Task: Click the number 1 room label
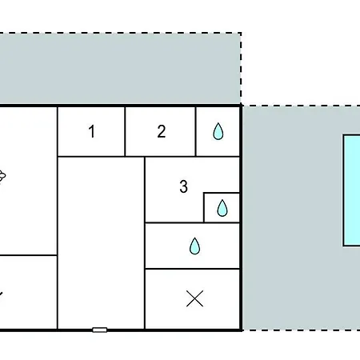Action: click(x=92, y=131)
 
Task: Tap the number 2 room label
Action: click(x=162, y=131)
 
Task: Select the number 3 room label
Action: click(x=183, y=186)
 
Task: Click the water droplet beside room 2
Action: click(x=218, y=131)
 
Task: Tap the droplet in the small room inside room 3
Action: click(x=222, y=208)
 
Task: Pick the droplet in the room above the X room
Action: click(x=194, y=246)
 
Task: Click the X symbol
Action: click(x=194, y=298)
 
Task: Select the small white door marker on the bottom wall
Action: click(x=100, y=330)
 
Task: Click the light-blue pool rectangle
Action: click(x=352, y=190)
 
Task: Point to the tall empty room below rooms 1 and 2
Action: click(x=101, y=243)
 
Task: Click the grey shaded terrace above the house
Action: click(x=120, y=69)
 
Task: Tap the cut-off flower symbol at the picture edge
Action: click(x=2, y=176)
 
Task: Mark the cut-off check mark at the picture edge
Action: click(x=1, y=294)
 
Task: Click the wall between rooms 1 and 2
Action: click(x=125, y=131)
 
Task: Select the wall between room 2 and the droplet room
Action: click(x=195, y=131)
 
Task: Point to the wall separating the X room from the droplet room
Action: click(x=192, y=269)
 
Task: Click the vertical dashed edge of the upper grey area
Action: click(x=241, y=68)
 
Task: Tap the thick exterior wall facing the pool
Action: click(x=241, y=218)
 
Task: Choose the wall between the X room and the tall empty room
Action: click(x=145, y=298)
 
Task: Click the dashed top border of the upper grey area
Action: click(x=121, y=33)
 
